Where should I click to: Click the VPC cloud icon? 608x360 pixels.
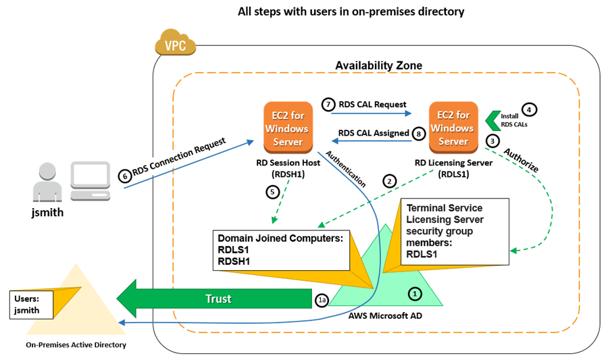[x=175, y=45]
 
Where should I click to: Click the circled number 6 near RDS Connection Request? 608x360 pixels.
[x=124, y=176]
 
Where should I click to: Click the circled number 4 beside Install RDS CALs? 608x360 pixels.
[x=530, y=108]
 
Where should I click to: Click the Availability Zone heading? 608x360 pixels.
[x=379, y=66]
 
